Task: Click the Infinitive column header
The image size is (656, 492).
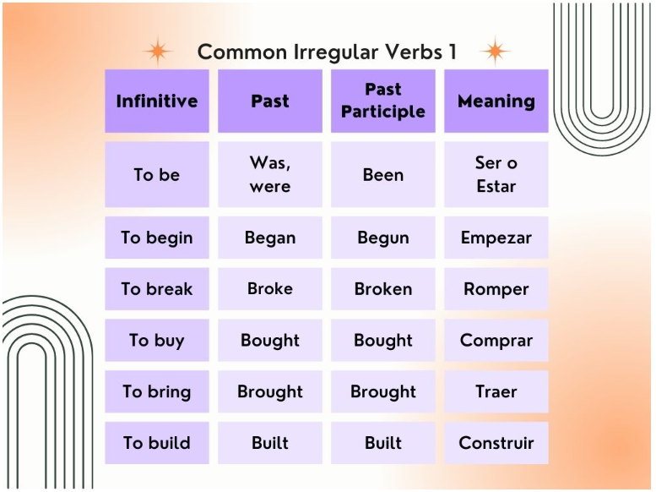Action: point(157,101)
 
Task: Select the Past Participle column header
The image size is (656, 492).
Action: point(383,101)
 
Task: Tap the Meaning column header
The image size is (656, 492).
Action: point(496,101)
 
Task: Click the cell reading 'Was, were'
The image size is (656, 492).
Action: point(270,174)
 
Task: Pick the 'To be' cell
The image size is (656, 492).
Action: point(157,174)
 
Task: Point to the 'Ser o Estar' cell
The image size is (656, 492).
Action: point(496,174)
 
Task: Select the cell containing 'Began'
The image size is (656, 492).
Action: point(270,238)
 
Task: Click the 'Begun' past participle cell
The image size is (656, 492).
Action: point(383,238)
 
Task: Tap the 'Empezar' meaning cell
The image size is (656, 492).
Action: point(496,238)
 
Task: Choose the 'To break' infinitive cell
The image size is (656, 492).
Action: point(157,289)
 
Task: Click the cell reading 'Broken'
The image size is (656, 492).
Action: point(383,289)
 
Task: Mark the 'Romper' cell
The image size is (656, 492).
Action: point(496,289)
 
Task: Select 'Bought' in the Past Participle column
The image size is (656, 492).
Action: point(383,341)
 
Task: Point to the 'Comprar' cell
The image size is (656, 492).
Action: point(496,341)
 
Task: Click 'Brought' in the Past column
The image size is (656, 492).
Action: point(270,391)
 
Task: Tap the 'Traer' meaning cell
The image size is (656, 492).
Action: point(496,391)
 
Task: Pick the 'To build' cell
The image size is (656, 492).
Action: point(157,443)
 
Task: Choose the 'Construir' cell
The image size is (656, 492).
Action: point(496,443)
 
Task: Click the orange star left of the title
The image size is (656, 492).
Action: point(158,51)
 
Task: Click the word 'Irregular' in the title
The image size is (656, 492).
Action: point(335,52)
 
